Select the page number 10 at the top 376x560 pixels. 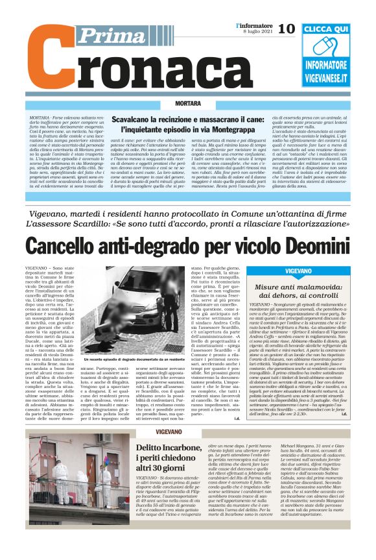285,29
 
